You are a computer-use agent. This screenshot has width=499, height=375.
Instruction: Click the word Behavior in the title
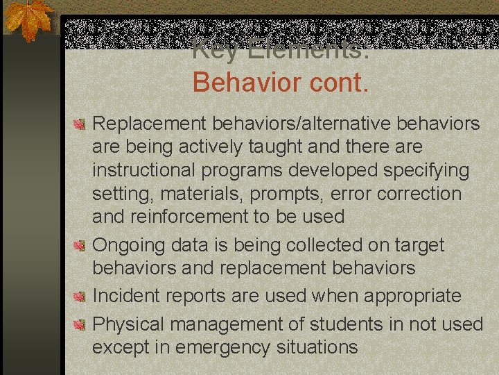tap(238, 82)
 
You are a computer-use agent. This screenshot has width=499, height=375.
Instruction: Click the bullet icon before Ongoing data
tap(80, 246)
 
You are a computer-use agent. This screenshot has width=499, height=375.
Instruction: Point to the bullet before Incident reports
tap(80, 297)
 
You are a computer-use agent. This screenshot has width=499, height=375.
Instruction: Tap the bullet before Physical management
tap(80, 325)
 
